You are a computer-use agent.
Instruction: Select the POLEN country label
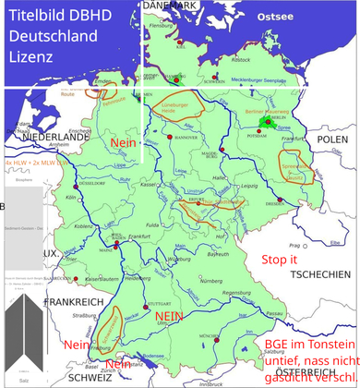coord(331,139)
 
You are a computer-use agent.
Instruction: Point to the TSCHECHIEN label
coord(319,275)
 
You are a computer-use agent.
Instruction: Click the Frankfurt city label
coord(139,237)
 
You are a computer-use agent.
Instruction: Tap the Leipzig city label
coord(246,186)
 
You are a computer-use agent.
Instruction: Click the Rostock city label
coord(243,58)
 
